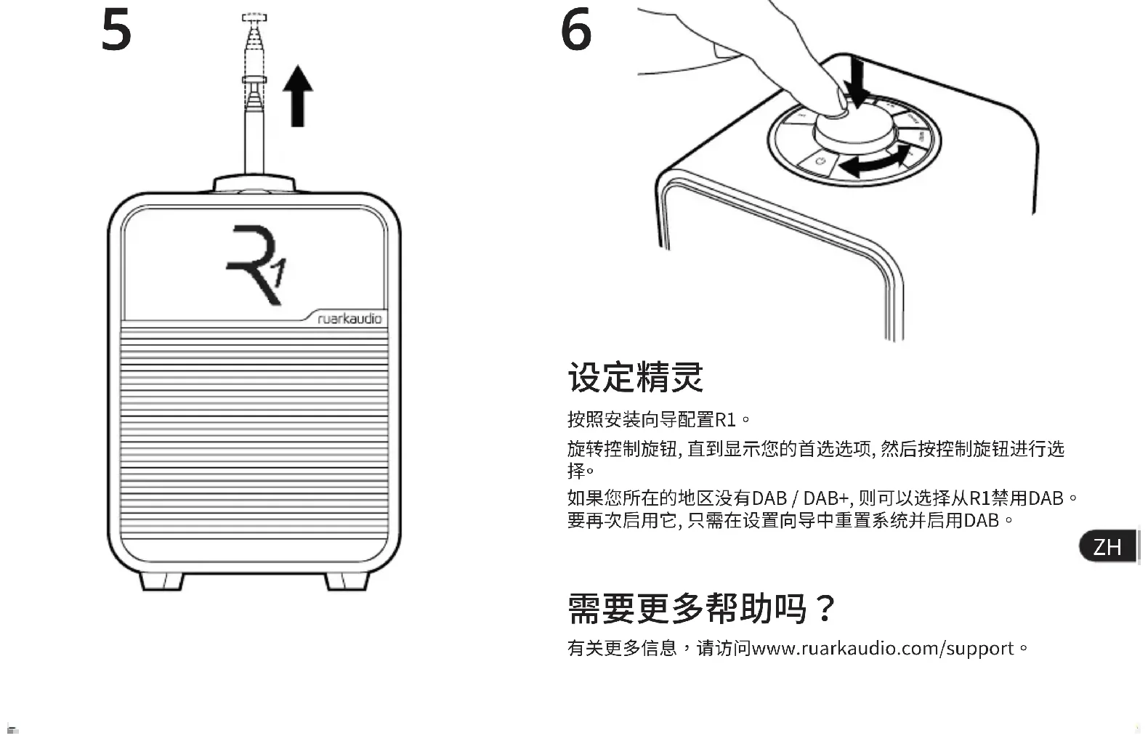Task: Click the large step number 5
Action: (x=116, y=31)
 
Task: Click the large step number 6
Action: (x=577, y=30)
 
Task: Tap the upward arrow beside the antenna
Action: (x=298, y=96)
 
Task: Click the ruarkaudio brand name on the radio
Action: (x=349, y=319)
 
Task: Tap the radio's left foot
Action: (x=162, y=581)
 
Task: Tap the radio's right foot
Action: (x=347, y=581)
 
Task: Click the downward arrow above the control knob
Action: (x=856, y=83)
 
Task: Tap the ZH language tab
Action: (x=1107, y=547)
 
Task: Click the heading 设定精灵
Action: (x=636, y=376)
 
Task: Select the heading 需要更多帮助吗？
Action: (x=702, y=608)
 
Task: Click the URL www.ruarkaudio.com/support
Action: (x=883, y=649)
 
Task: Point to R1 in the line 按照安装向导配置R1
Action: (x=726, y=420)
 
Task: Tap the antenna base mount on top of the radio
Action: (x=254, y=184)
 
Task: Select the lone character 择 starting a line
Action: (x=576, y=471)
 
